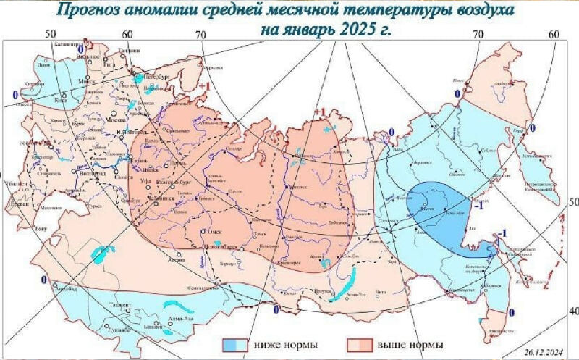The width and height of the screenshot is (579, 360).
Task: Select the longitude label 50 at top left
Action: pyautogui.click(x=51, y=34)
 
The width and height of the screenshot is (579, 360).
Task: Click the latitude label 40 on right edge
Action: pyautogui.click(x=572, y=311)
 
